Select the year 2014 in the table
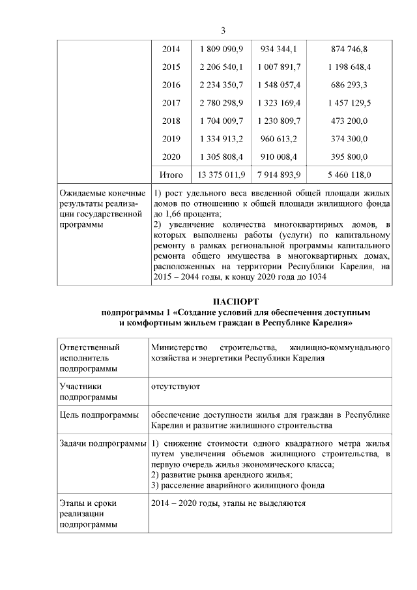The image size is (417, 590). click(171, 50)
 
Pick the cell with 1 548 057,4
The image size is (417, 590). click(279, 85)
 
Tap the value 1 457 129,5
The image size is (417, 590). click(350, 103)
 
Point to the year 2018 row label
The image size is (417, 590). click(171, 121)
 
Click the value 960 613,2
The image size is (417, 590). click(279, 139)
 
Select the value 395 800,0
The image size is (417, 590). click(350, 156)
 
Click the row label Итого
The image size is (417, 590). click(171, 175)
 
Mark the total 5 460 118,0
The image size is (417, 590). click(350, 175)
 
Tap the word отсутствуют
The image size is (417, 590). click(175, 386)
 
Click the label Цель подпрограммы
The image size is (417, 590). click(98, 415)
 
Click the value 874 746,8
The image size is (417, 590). click(350, 50)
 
